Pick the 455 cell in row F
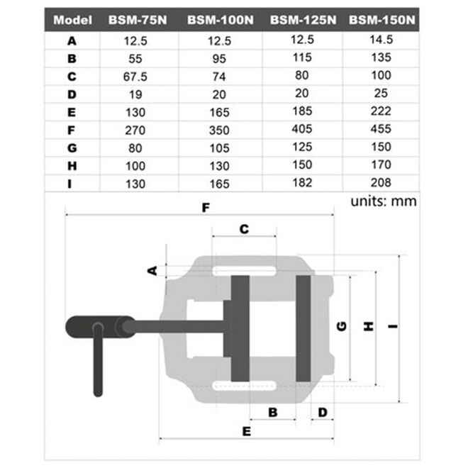coord(381,130)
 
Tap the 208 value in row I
coord(381,182)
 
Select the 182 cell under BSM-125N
coord(303,182)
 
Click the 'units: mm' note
coord(383,201)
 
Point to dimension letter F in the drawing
coord(206,208)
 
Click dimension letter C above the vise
coord(244,229)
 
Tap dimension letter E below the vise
coord(247,430)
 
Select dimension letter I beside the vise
coord(392,327)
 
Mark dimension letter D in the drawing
coord(322,412)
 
